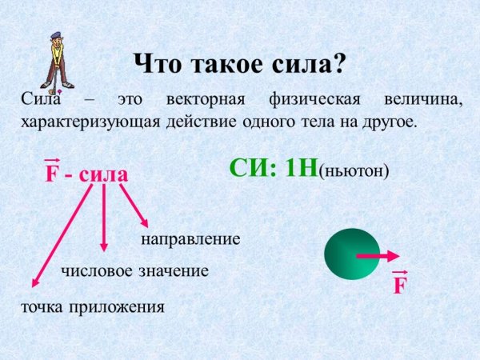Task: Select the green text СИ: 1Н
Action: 272,168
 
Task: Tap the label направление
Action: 190,239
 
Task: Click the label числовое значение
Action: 134,271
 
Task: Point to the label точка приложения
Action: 92,306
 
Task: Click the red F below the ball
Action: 400,285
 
